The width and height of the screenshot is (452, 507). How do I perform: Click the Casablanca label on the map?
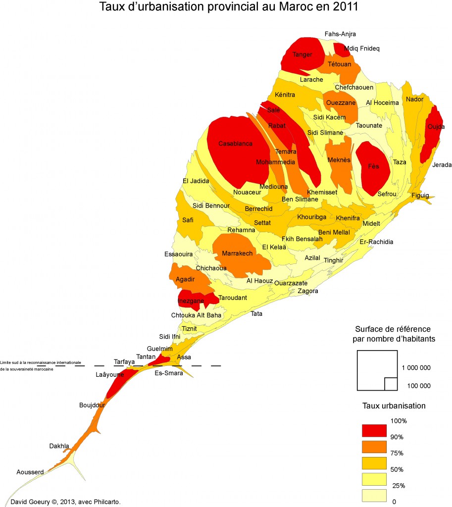[236, 144]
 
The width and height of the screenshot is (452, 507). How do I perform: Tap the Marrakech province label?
[237, 253]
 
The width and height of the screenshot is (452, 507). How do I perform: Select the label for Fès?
[373, 166]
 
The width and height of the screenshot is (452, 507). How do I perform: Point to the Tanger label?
[302, 54]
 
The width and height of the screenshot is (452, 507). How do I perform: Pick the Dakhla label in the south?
[59, 446]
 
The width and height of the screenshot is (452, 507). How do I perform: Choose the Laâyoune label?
[109, 375]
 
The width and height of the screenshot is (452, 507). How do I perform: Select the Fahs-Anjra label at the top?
[340, 34]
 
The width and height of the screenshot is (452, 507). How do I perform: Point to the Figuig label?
[420, 195]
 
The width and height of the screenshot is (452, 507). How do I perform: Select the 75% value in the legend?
[397, 453]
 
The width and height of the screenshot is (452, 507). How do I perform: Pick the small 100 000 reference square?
[391, 384]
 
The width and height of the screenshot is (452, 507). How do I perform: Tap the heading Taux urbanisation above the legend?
[394, 406]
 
